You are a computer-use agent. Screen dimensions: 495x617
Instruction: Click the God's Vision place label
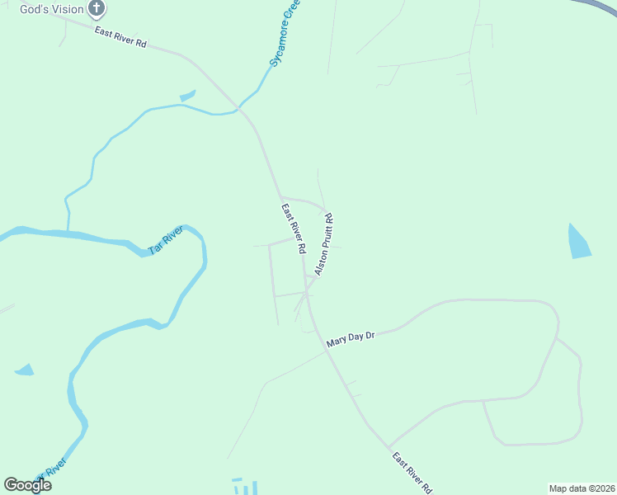pos(52,9)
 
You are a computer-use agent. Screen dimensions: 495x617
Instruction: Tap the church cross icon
pos(97,9)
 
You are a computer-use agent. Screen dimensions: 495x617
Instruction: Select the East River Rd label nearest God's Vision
pos(120,37)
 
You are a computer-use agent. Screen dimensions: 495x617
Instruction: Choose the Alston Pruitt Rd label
pos(324,244)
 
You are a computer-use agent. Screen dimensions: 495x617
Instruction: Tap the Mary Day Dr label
pos(351,339)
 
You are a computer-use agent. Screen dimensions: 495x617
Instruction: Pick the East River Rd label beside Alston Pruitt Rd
pos(294,228)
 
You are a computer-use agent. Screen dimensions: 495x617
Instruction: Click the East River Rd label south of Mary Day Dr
pos(412,473)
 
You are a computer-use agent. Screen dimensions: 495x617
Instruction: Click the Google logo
pos(27,485)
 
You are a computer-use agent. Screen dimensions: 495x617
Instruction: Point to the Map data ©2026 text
pos(582,488)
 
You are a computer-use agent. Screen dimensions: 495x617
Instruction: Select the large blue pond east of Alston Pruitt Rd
pos(579,242)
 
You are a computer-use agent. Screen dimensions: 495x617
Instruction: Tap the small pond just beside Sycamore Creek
pos(187,96)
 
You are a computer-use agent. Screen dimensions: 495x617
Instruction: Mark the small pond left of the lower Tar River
pos(24,370)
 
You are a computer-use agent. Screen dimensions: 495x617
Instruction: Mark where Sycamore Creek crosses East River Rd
pos(239,107)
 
